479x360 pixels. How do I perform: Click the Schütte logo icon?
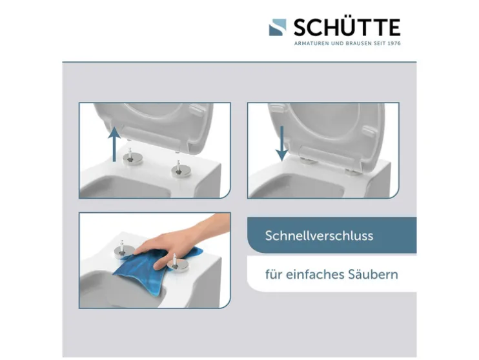pos(278,28)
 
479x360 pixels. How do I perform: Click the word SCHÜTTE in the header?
pos(347,27)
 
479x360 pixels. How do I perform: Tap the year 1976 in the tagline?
pos(394,43)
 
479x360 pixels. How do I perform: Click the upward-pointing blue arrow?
pos(114,144)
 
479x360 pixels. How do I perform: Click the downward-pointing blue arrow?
pos(281,143)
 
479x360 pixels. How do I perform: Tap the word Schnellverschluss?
pos(319,235)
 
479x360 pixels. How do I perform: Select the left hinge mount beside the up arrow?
pos(132,157)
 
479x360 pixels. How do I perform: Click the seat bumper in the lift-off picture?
pos(198,110)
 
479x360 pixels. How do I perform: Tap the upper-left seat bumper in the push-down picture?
pos(278,108)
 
